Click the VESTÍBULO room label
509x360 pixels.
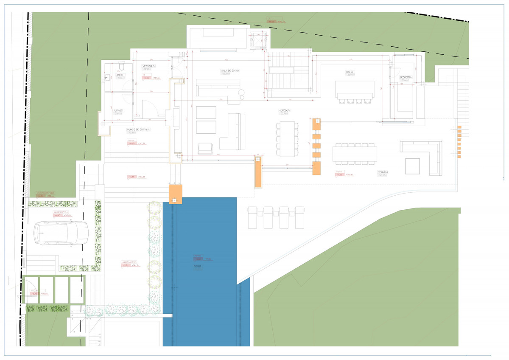pos(148,66)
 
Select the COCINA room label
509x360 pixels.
pos(350,72)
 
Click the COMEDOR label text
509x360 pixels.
pos(284,110)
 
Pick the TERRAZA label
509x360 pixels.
pos(383,172)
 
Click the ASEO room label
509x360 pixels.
pos(120,74)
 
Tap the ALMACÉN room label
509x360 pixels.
pos(118,110)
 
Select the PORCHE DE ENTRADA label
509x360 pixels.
pos(139,129)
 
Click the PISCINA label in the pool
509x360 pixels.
pos(198,267)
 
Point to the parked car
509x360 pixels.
pos(62,235)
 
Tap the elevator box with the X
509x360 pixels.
pos(258,41)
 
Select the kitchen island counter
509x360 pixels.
pos(355,90)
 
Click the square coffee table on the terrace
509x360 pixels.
pos(412,166)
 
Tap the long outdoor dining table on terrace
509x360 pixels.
pos(355,154)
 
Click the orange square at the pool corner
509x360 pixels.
pos(175,194)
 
